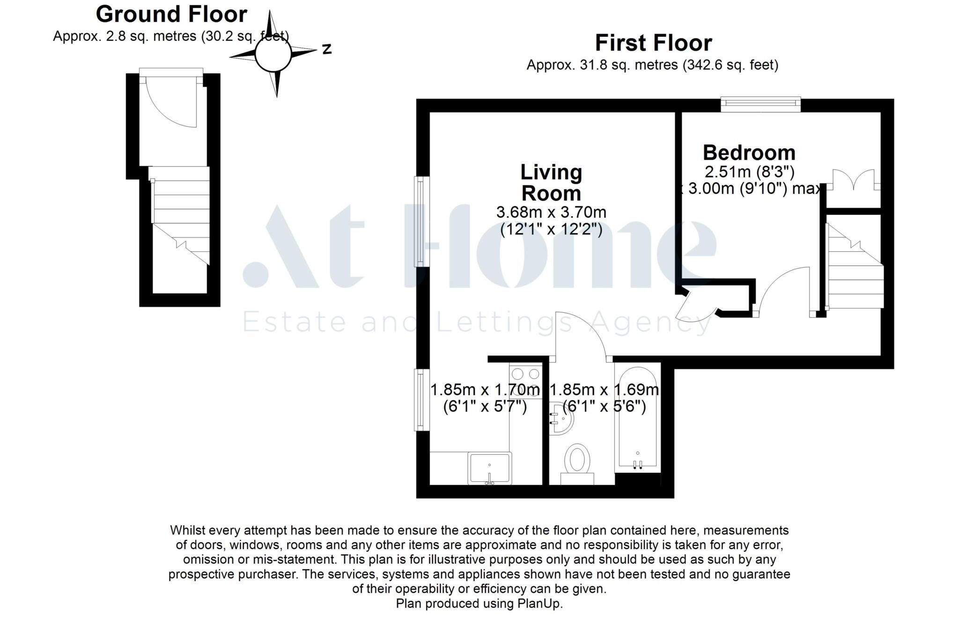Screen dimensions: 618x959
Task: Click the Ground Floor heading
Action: tap(171, 15)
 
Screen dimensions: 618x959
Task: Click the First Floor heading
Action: tap(653, 43)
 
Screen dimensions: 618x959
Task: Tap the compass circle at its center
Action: tap(273, 54)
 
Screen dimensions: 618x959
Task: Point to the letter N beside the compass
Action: tap(327, 49)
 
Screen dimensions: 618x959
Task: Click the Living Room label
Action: tap(551, 183)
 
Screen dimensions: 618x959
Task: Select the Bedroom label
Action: tap(749, 153)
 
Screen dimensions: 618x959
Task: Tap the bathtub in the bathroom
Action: tap(637, 417)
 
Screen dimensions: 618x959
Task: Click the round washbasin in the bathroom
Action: tap(561, 418)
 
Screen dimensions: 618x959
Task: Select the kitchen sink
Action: tap(489, 468)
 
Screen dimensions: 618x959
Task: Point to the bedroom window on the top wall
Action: tap(760, 104)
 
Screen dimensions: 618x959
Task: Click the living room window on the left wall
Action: tap(421, 221)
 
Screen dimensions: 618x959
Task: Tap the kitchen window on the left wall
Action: tap(421, 399)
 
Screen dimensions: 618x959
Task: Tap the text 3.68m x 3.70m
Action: tap(551, 213)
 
